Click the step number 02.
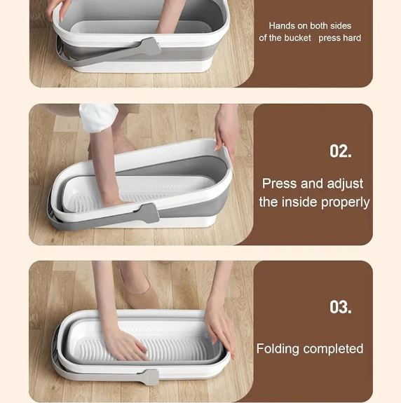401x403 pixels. [341, 151]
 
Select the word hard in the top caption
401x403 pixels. [353, 38]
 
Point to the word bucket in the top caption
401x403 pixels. [298, 38]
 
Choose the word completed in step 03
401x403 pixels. [333, 349]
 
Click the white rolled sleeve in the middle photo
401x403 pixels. [98, 117]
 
